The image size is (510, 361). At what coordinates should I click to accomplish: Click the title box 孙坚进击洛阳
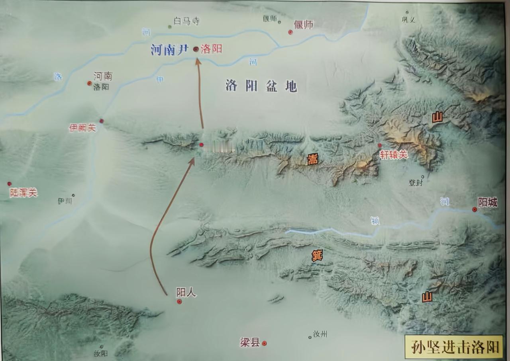pyautogui.click(x=454, y=347)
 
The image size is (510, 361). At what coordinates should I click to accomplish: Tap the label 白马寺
pyautogui.click(x=187, y=21)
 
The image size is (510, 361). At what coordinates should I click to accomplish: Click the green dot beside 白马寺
pyautogui.click(x=170, y=27)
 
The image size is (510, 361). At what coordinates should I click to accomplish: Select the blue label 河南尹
pyautogui.click(x=169, y=50)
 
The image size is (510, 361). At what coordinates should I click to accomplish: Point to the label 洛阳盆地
pyautogui.click(x=261, y=86)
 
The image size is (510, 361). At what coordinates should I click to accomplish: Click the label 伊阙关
pyautogui.click(x=82, y=128)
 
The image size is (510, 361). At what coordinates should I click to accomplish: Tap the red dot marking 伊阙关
pyautogui.click(x=102, y=121)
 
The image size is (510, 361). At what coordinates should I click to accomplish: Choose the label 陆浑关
pyautogui.click(x=24, y=193)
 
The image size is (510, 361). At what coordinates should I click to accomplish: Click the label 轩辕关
pyautogui.click(x=394, y=155)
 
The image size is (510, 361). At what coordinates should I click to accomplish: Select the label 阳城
pyautogui.click(x=488, y=203)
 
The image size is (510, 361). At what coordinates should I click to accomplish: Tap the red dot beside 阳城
pyautogui.click(x=475, y=209)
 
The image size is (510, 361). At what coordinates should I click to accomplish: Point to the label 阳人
pyautogui.click(x=186, y=293)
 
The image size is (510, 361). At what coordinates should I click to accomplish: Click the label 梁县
pyautogui.click(x=250, y=342)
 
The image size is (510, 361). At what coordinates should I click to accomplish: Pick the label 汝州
pyautogui.click(x=320, y=334)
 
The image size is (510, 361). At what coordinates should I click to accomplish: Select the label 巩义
pyautogui.click(x=408, y=19)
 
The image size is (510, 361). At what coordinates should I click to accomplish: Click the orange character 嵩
pyautogui.click(x=312, y=160)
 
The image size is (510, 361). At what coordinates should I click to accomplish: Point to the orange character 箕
pyautogui.click(x=317, y=256)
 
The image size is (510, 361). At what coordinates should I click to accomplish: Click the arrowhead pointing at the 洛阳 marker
pyautogui.click(x=198, y=61)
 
